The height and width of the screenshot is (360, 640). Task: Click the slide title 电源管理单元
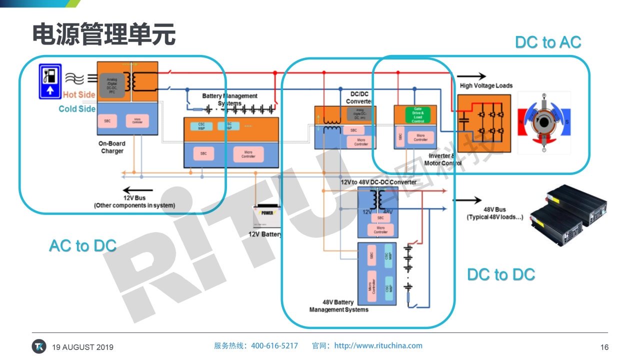(104, 34)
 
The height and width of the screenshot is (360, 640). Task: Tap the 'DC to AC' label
(548, 42)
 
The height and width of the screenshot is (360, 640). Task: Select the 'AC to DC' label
(82, 245)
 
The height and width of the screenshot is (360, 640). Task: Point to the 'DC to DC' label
(501, 274)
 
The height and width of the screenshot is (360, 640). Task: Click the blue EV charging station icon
(50, 81)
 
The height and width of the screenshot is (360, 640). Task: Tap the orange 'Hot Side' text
(79, 95)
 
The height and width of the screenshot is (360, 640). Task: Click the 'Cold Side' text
(77, 108)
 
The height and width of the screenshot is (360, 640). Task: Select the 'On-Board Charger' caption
(112, 147)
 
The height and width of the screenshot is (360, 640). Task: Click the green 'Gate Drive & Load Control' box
(418, 115)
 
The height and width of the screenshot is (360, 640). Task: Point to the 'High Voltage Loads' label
(486, 85)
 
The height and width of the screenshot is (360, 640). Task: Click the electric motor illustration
(544, 122)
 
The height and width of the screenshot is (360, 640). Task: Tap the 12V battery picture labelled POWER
(268, 216)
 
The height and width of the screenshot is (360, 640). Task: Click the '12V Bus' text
(134, 198)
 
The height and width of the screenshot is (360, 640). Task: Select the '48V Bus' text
(494, 209)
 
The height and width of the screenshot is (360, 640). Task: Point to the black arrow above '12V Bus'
(134, 190)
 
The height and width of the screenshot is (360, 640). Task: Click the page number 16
(604, 347)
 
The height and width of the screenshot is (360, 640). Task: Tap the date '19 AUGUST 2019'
(83, 347)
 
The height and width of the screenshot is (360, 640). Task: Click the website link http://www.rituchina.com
(378, 345)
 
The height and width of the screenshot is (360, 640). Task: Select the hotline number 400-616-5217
(274, 345)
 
